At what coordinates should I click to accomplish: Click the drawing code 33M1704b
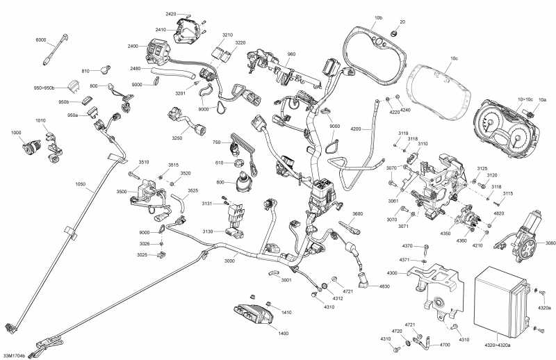click(15, 356)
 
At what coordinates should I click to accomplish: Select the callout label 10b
click(378, 17)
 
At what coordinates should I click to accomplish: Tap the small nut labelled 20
click(393, 33)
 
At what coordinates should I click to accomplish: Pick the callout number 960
click(291, 54)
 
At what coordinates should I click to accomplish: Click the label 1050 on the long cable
click(81, 184)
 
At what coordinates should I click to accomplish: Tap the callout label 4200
click(357, 129)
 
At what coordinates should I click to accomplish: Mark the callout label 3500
click(122, 191)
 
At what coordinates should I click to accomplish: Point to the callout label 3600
click(357, 213)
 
